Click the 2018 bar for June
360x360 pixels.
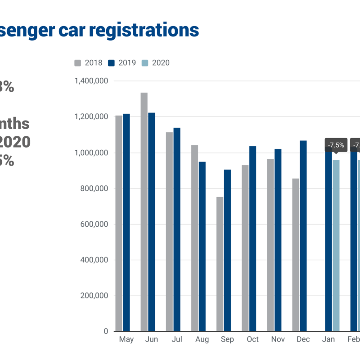(144, 211)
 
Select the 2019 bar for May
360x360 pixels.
(126, 222)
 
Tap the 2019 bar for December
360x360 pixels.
(303, 236)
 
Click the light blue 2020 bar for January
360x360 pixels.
(336, 246)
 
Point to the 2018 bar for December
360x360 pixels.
(296, 255)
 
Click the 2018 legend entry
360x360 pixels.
(89, 63)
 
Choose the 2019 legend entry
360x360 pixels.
(122, 63)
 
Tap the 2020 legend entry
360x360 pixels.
(156, 63)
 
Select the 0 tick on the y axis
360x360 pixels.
(105, 331)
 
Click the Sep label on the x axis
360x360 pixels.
(227, 340)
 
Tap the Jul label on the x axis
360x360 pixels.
(177, 340)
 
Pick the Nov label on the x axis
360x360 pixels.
(278, 340)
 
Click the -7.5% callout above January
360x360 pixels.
(336, 145)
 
